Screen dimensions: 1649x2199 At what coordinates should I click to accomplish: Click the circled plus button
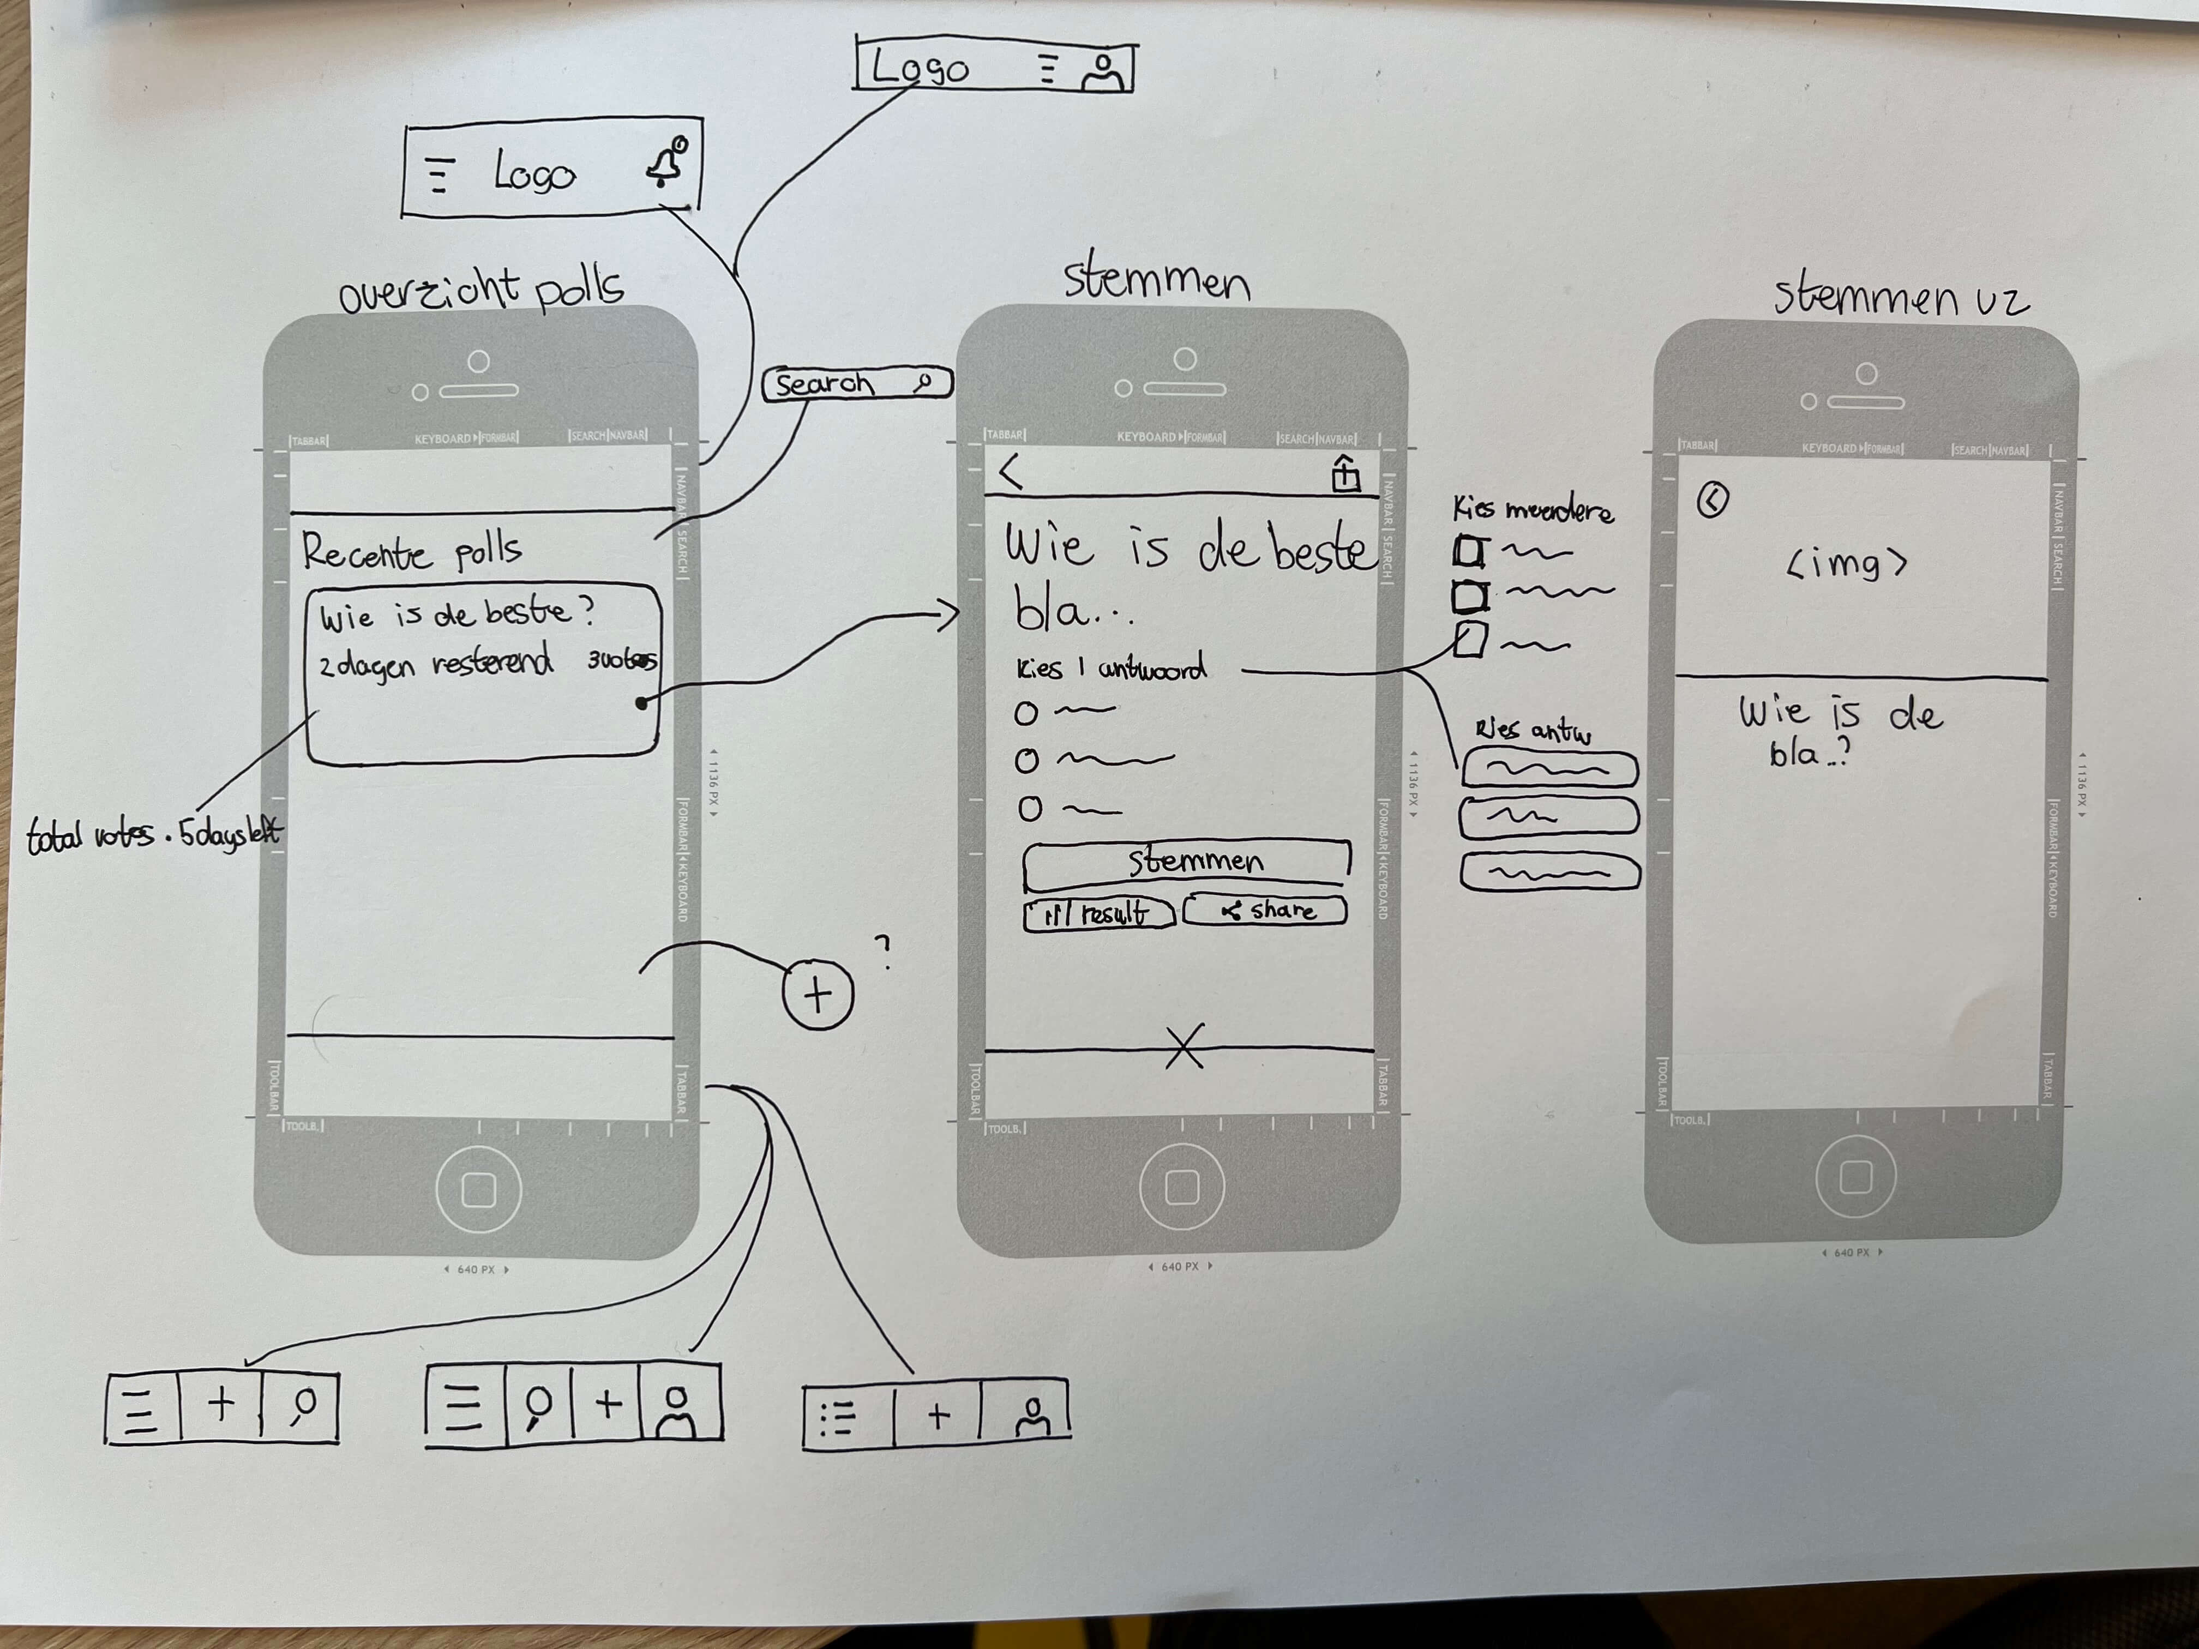coord(817,994)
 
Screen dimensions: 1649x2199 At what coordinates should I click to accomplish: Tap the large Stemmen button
coord(1187,861)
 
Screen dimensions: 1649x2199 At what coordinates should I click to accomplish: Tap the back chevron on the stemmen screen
coord(1011,471)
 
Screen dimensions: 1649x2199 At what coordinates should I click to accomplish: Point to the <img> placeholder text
coord(1846,564)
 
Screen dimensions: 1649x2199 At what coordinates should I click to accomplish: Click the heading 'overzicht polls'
coord(481,290)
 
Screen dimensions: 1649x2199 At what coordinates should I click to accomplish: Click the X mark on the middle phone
coord(1184,1046)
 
